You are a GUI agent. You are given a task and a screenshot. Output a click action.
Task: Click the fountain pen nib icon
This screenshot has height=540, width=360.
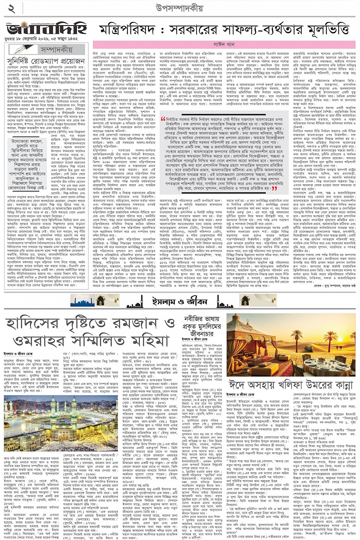point(21,49)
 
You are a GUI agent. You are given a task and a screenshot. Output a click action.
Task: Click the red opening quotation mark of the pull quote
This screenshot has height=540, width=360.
point(163,119)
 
